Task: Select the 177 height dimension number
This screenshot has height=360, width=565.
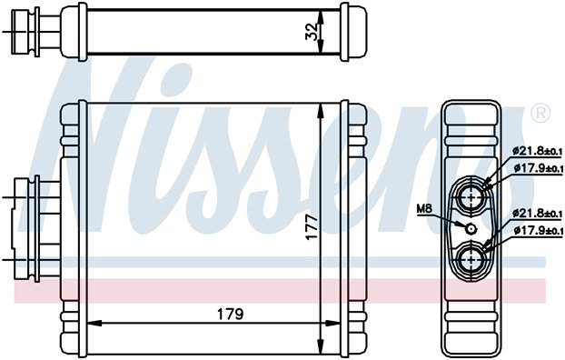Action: click(x=311, y=222)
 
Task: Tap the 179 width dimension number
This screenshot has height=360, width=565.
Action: click(x=229, y=315)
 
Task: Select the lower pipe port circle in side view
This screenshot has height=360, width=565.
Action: click(x=472, y=260)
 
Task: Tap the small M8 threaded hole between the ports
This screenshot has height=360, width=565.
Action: click(x=471, y=226)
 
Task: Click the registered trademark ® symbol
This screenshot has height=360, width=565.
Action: click(x=540, y=115)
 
